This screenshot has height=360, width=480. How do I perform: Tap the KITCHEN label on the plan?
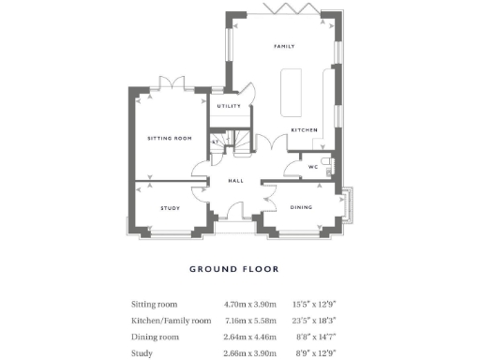(x=304, y=129)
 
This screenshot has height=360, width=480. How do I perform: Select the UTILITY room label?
(x=230, y=106)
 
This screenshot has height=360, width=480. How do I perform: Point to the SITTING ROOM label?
(x=170, y=138)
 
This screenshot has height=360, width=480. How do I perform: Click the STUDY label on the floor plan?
(x=170, y=208)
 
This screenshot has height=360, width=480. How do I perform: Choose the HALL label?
(x=237, y=181)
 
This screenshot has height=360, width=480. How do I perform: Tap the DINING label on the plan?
(x=301, y=208)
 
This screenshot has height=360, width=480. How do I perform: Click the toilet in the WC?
(x=324, y=166)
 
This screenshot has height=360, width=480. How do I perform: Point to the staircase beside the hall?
(x=243, y=143)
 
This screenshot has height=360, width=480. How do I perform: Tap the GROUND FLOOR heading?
(x=234, y=269)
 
